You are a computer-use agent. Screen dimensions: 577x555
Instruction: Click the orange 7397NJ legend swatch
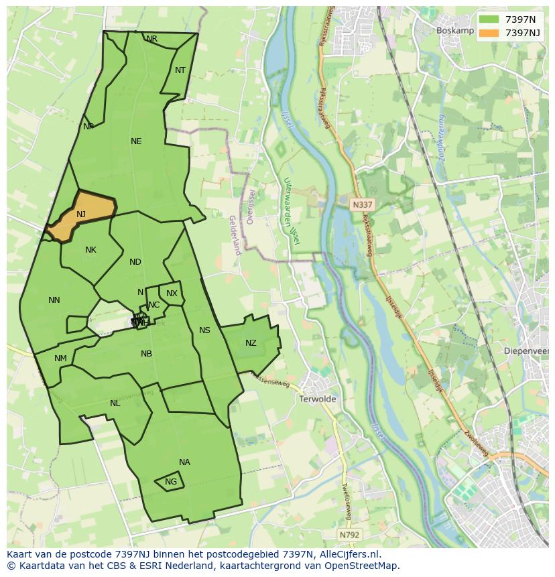tap(490, 33)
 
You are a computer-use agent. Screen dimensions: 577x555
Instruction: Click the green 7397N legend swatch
tap(490, 19)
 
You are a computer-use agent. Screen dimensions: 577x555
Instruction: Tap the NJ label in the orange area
tap(81, 214)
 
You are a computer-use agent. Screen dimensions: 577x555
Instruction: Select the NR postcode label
tap(152, 39)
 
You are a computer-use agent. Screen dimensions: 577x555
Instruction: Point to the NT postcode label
tap(180, 70)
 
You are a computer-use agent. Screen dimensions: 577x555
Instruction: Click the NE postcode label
tap(136, 141)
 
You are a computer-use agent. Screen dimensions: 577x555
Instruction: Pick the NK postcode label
tap(90, 250)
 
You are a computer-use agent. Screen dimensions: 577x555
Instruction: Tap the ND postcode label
tap(135, 262)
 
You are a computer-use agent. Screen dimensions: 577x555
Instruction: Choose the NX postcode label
tap(172, 294)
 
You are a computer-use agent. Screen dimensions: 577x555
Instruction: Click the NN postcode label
tap(54, 300)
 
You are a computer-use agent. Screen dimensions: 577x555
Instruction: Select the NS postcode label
tap(204, 330)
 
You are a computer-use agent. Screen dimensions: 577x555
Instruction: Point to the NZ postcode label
tap(251, 343)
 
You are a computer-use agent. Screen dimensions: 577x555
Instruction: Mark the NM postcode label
tap(60, 359)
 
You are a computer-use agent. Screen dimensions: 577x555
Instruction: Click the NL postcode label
tap(115, 403)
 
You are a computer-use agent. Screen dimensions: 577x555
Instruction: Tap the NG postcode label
tap(171, 482)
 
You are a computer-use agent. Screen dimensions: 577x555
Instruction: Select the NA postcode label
tap(184, 462)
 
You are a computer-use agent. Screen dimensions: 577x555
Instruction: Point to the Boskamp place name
tap(454, 30)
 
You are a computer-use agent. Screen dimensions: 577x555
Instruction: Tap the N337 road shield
tap(361, 204)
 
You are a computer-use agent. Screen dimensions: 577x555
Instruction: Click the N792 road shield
tap(349, 535)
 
